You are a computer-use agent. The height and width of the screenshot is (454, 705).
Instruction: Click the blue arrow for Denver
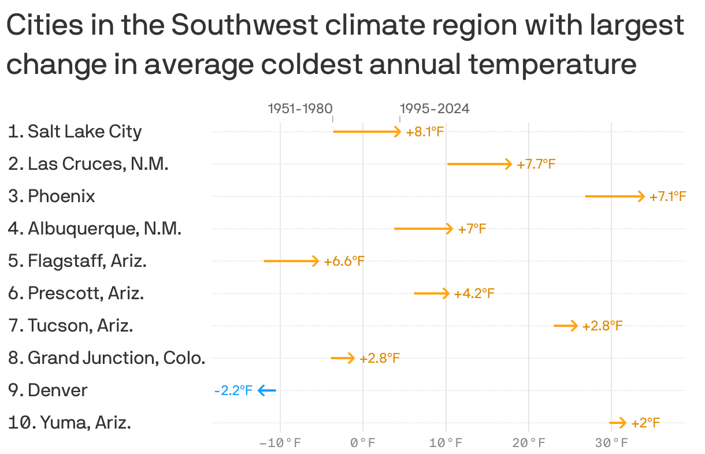tap(267, 390)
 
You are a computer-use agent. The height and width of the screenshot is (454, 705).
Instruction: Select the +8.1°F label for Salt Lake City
tap(424, 132)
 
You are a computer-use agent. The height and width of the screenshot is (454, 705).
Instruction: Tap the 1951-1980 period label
tap(300, 109)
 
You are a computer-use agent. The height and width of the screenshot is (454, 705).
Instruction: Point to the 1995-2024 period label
tap(435, 109)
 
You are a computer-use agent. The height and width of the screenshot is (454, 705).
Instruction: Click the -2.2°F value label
tap(233, 390)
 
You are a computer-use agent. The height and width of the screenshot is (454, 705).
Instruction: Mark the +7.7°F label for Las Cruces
tap(536, 164)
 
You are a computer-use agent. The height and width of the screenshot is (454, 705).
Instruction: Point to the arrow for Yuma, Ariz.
tap(617, 423)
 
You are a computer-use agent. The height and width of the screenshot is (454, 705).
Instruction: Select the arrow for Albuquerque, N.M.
tap(423, 229)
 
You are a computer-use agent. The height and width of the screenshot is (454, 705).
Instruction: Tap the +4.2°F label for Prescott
tap(474, 293)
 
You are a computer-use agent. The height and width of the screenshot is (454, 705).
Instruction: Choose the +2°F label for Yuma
tap(645, 423)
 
